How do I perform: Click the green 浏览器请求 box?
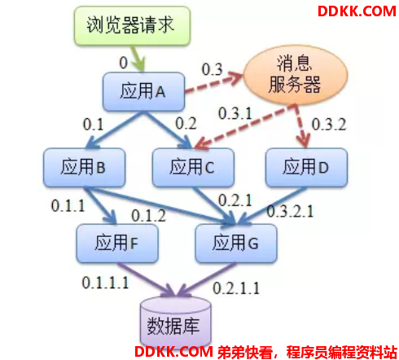tap(132, 26)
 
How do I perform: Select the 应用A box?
tap(143, 91)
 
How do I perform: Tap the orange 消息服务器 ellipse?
tap(296, 75)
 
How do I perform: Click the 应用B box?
tap(84, 167)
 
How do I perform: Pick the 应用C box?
tap(193, 167)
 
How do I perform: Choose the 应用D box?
tap(306, 167)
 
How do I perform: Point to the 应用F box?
tap(117, 244)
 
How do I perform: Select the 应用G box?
tap(236, 244)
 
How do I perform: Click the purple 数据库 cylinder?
tap(176, 323)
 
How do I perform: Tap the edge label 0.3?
tap(212, 69)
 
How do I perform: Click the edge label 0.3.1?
tap(235, 113)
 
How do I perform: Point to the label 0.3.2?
tap(329, 125)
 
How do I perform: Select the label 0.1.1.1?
tap(105, 283)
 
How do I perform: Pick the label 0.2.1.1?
tap(236, 288)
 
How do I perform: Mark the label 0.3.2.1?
tap(290, 211)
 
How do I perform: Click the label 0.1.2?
tap(148, 216)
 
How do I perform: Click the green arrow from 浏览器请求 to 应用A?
tap(138, 59)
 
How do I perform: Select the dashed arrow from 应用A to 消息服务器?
tap(214, 83)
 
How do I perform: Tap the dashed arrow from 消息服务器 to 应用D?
tap(301, 126)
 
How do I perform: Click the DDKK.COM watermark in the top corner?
tap(357, 11)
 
